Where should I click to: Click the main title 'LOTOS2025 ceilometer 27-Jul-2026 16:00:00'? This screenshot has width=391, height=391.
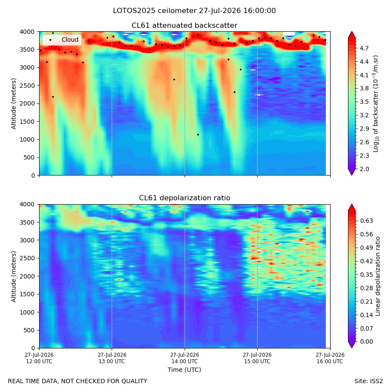(x=194, y=11)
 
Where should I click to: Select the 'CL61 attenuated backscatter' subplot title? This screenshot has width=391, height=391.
(x=184, y=26)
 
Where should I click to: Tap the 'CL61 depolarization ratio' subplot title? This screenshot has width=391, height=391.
(x=185, y=198)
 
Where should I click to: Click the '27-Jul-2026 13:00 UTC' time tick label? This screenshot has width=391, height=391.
(x=112, y=358)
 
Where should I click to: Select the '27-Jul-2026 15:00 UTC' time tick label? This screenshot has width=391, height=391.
(x=257, y=358)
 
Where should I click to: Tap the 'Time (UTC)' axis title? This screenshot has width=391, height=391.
(x=184, y=370)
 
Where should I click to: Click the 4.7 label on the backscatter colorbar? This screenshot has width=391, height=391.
(x=364, y=48)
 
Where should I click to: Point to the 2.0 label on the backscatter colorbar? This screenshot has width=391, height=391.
(x=364, y=169)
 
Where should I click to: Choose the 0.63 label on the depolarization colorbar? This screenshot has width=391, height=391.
(x=366, y=221)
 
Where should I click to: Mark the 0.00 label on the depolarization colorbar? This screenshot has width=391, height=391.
(x=366, y=341)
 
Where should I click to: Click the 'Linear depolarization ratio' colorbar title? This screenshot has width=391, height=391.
(x=378, y=276)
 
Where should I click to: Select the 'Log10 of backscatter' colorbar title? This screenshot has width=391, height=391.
(x=375, y=104)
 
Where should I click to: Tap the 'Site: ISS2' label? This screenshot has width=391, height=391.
(x=368, y=381)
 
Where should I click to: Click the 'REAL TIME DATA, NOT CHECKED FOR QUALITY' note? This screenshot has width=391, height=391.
(x=78, y=381)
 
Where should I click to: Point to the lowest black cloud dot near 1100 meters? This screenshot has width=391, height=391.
(x=198, y=135)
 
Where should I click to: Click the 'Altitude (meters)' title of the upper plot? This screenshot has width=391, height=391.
(x=13, y=104)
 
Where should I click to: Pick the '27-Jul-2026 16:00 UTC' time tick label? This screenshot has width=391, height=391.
(x=330, y=358)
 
